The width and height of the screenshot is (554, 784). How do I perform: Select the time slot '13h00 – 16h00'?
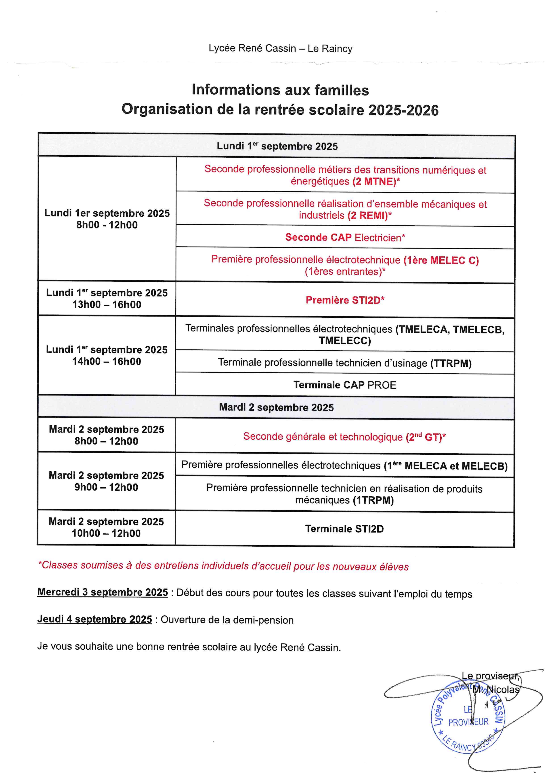(106, 305)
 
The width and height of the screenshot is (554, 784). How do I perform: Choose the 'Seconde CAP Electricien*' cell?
(345, 237)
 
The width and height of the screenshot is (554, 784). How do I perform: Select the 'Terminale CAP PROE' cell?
(345, 385)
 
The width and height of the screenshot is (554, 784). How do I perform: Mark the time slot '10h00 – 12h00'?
(106, 533)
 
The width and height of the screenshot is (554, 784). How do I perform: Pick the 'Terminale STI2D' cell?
(344, 529)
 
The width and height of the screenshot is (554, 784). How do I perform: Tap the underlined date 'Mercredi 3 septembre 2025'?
(102, 592)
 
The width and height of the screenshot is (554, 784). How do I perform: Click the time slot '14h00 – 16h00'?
(106, 361)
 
